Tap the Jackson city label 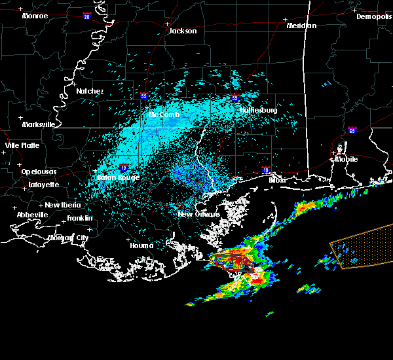click(182, 31)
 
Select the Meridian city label click(302, 26)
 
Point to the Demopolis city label click(374, 16)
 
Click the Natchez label click(90, 91)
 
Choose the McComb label click(164, 115)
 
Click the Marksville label click(39, 124)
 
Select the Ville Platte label click(22, 145)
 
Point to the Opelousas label click(39, 171)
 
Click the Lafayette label click(43, 185)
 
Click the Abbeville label click(33, 215)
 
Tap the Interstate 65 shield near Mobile click(353, 131)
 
